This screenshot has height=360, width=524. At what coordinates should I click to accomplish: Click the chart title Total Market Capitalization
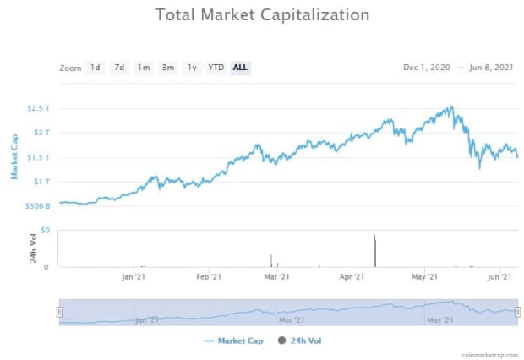click(x=262, y=15)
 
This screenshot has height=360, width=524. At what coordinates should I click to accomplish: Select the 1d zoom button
click(x=96, y=68)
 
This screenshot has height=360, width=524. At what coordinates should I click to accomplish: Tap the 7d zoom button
click(x=119, y=68)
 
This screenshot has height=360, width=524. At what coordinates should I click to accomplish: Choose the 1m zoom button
click(x=144, y=68)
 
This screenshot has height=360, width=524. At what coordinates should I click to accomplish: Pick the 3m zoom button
click(x=168, y=68)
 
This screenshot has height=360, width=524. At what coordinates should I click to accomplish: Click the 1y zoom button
click(x=193, y=68)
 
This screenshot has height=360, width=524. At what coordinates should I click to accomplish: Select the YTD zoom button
click(x=216, y=68)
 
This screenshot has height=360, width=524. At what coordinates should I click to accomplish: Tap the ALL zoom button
click(x=241, y=68)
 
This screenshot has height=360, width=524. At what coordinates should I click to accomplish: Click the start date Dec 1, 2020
click(x=427, y=68)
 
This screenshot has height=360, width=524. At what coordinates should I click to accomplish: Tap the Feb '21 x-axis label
click(x=209, y=276)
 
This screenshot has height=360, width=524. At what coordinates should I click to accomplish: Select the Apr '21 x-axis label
click(x=352, y=276)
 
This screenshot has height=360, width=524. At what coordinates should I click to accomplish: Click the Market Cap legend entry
click(x=233, y=341)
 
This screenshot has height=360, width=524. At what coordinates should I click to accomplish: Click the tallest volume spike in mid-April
click(x=374, y=250)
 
